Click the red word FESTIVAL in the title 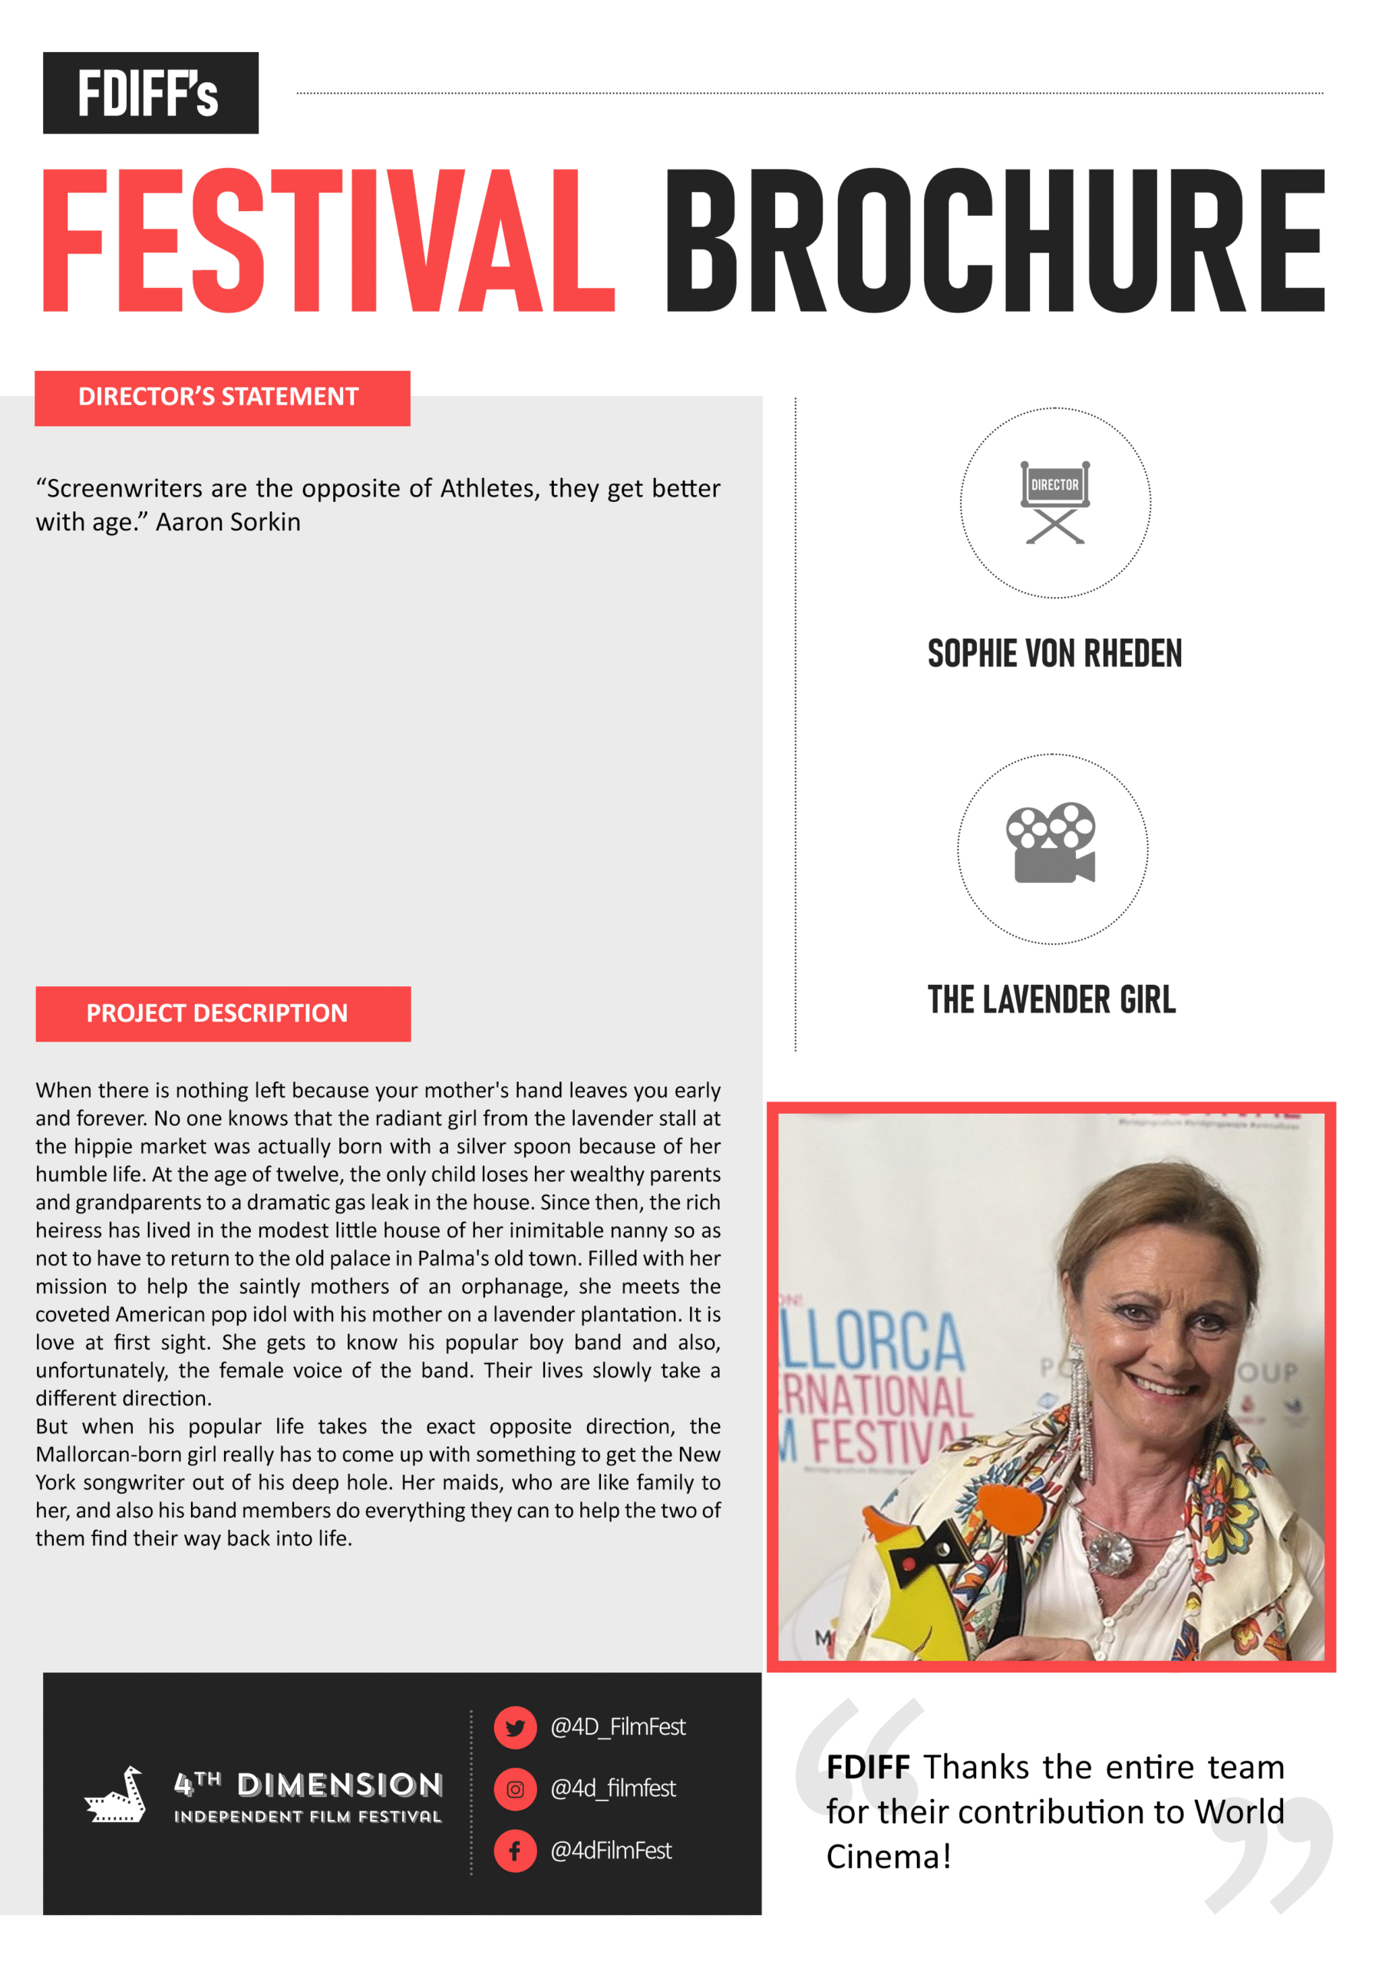pos(328,240)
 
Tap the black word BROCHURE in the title pos(995,240)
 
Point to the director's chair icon pos(1054,501)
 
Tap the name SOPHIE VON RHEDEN pos(1054,654)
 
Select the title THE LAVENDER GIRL pos(1052,999)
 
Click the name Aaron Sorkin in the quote pos(228,522)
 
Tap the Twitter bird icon pos(515,1727)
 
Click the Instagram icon pos(515,1788)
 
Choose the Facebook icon pos(515,1851)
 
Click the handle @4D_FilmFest pos(618,1727)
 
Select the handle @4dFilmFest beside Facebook pos(611,1851)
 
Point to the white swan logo pos(117,1795)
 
